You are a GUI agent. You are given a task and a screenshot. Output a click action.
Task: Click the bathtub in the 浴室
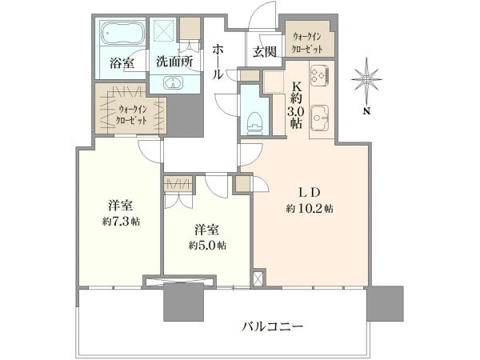(x=123, y=33)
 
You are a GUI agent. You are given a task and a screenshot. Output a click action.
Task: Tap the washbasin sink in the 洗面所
(x=174, y=82)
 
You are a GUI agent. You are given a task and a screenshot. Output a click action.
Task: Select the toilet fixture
(x=254, y=122)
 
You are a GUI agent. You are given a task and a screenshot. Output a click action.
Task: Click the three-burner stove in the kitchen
(x=319, y=75)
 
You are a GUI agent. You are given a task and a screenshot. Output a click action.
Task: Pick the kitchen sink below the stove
(x=319, y=118)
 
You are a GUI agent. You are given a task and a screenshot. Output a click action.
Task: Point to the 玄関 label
(x=265, y=51)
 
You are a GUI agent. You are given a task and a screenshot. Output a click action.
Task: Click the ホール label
(x=218, y=62)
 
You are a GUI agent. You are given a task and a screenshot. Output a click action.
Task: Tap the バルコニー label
(x=273, y=326)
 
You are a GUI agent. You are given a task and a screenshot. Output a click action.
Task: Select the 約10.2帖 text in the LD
(x=310, y=209)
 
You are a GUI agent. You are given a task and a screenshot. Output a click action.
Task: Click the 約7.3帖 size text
(x=122, y=221)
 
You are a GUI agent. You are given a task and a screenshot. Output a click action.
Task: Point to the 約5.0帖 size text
(x=207, y=246)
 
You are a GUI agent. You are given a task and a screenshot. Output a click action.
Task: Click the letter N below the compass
(x=366, y=111)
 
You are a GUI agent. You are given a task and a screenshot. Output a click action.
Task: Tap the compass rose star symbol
(x=366, y=79)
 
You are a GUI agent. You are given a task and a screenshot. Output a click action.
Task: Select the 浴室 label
(x=122, y=63)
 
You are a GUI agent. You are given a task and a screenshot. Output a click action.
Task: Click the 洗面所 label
(x=174, y=62)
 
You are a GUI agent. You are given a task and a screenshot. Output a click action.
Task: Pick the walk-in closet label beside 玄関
(x=307, y=43)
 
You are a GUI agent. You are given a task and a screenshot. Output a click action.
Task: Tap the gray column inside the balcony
(x=184, y=302)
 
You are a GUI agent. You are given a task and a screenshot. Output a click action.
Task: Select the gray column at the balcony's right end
(x=386, y=303)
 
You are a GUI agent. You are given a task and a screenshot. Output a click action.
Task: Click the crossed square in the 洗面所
(x=164, y=30)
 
